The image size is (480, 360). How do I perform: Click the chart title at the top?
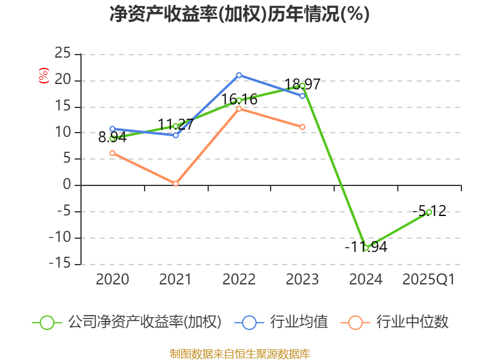coord(239,14)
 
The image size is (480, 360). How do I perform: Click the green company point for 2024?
coord(366,248)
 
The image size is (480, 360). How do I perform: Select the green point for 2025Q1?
coord(429,212)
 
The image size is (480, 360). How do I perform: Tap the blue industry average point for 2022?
coord(239,75)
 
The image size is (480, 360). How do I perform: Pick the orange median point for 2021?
coord(176,184)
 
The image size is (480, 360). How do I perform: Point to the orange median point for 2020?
coord(112,153)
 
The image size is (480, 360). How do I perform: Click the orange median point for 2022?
coord(239,109)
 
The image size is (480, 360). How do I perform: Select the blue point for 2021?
coord(176,135)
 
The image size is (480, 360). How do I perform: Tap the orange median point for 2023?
coord(302,127)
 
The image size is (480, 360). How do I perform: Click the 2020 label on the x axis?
coord(112,280)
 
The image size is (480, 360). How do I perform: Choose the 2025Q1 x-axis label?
coord(428,280)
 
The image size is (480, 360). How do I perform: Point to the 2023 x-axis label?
coord(302,280)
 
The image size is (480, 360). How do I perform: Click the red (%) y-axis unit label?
coord(43,76)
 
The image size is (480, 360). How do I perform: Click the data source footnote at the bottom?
coord(239,353)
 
